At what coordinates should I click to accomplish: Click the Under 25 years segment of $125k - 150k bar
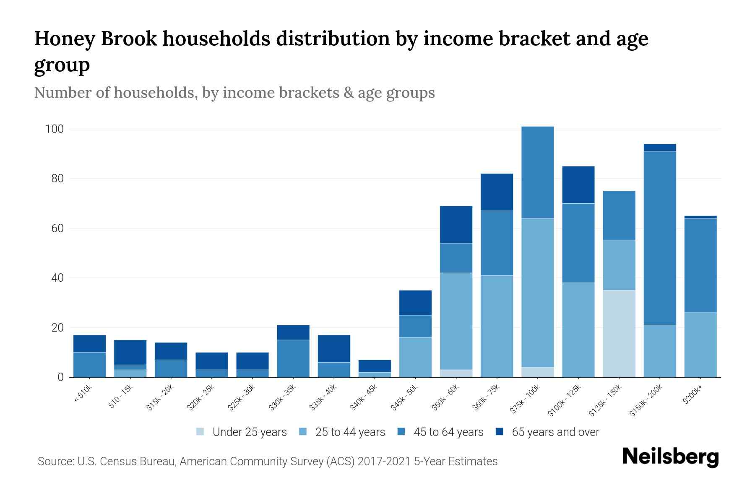coord(619,334)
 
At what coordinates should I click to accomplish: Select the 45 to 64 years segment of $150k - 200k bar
coord(659,238)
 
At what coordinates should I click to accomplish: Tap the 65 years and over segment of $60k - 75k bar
coord(497,192)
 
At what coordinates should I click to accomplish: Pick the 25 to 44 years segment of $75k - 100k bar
coord(537,293)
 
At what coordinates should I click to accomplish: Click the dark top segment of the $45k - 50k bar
coord(415,303)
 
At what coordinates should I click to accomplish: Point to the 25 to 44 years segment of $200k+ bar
coord(700,345)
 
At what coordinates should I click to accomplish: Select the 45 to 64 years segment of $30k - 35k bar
coord(293,358)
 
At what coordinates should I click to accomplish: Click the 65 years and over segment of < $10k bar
coord(89,344)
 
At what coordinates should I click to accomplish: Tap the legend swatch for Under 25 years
coord(200,432)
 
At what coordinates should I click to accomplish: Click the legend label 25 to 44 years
coord(350,432)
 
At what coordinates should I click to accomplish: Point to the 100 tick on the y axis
coord(54,129)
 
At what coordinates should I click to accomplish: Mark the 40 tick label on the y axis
coord(57,278)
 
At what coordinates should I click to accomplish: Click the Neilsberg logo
coord(670,457)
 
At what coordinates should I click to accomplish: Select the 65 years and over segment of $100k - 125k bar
coord(578,185)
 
